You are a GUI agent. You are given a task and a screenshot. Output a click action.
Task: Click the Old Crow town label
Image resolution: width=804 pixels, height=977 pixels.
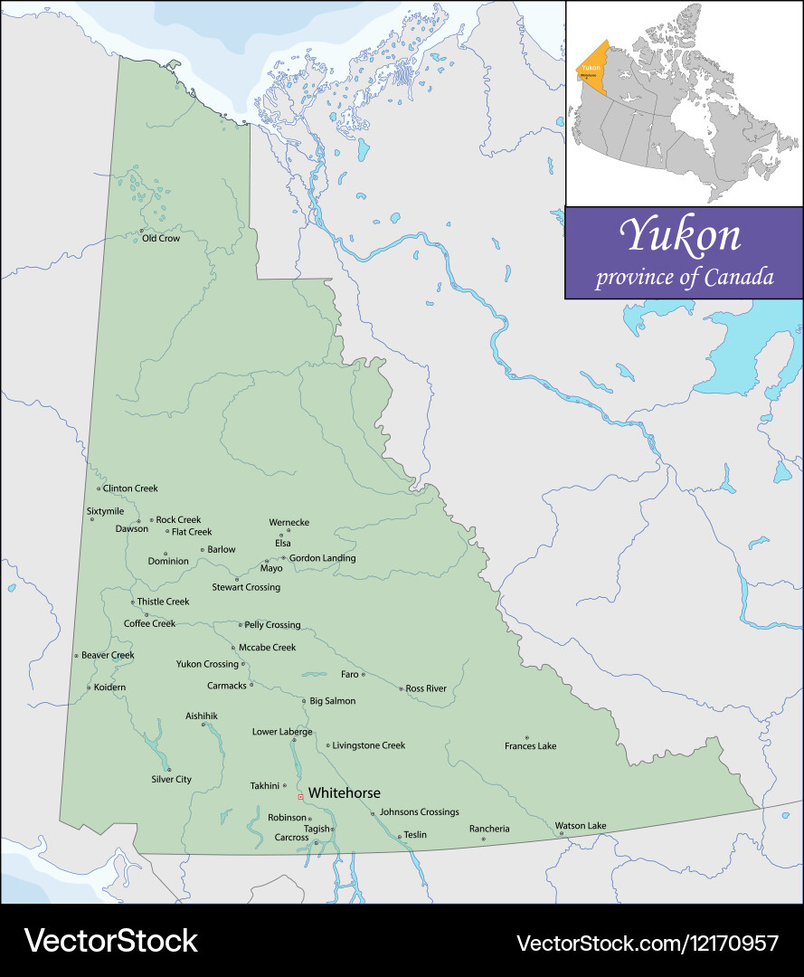161,239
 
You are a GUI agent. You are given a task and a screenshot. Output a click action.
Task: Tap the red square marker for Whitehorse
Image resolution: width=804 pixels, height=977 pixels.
300,797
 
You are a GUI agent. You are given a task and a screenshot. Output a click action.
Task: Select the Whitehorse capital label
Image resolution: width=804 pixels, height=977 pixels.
344,793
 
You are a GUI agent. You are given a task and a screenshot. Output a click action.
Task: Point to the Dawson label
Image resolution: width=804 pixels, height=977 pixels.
131,529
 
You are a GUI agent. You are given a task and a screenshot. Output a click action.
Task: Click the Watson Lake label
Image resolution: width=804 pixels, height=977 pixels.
581,826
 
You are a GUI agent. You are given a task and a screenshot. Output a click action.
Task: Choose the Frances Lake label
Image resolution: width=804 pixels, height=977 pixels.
530,746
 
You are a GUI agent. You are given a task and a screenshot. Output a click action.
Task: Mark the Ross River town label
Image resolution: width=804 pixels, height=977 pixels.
426,689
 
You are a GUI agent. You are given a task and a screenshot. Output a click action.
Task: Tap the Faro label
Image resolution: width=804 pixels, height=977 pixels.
349,675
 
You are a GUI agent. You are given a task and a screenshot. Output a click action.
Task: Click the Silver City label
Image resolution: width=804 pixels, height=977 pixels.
171,780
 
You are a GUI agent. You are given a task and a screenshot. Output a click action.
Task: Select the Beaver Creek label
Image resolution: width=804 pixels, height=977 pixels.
108,655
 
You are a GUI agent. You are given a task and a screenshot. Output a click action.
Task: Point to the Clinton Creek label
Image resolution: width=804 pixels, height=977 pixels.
130,488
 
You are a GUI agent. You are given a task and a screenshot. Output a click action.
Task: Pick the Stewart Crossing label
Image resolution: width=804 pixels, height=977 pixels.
246,588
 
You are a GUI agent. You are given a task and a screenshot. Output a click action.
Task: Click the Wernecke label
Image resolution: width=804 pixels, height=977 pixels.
288,523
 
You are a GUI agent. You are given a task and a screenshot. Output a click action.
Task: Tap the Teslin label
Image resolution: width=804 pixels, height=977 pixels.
415,835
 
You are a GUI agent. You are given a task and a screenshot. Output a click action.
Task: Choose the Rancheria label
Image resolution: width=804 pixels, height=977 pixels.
489,830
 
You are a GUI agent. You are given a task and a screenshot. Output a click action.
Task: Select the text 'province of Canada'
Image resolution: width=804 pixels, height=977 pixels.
684,277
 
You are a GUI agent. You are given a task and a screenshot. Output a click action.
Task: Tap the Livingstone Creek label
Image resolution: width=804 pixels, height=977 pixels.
369,746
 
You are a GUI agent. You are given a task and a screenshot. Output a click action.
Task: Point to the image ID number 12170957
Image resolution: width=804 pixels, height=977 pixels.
730,943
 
